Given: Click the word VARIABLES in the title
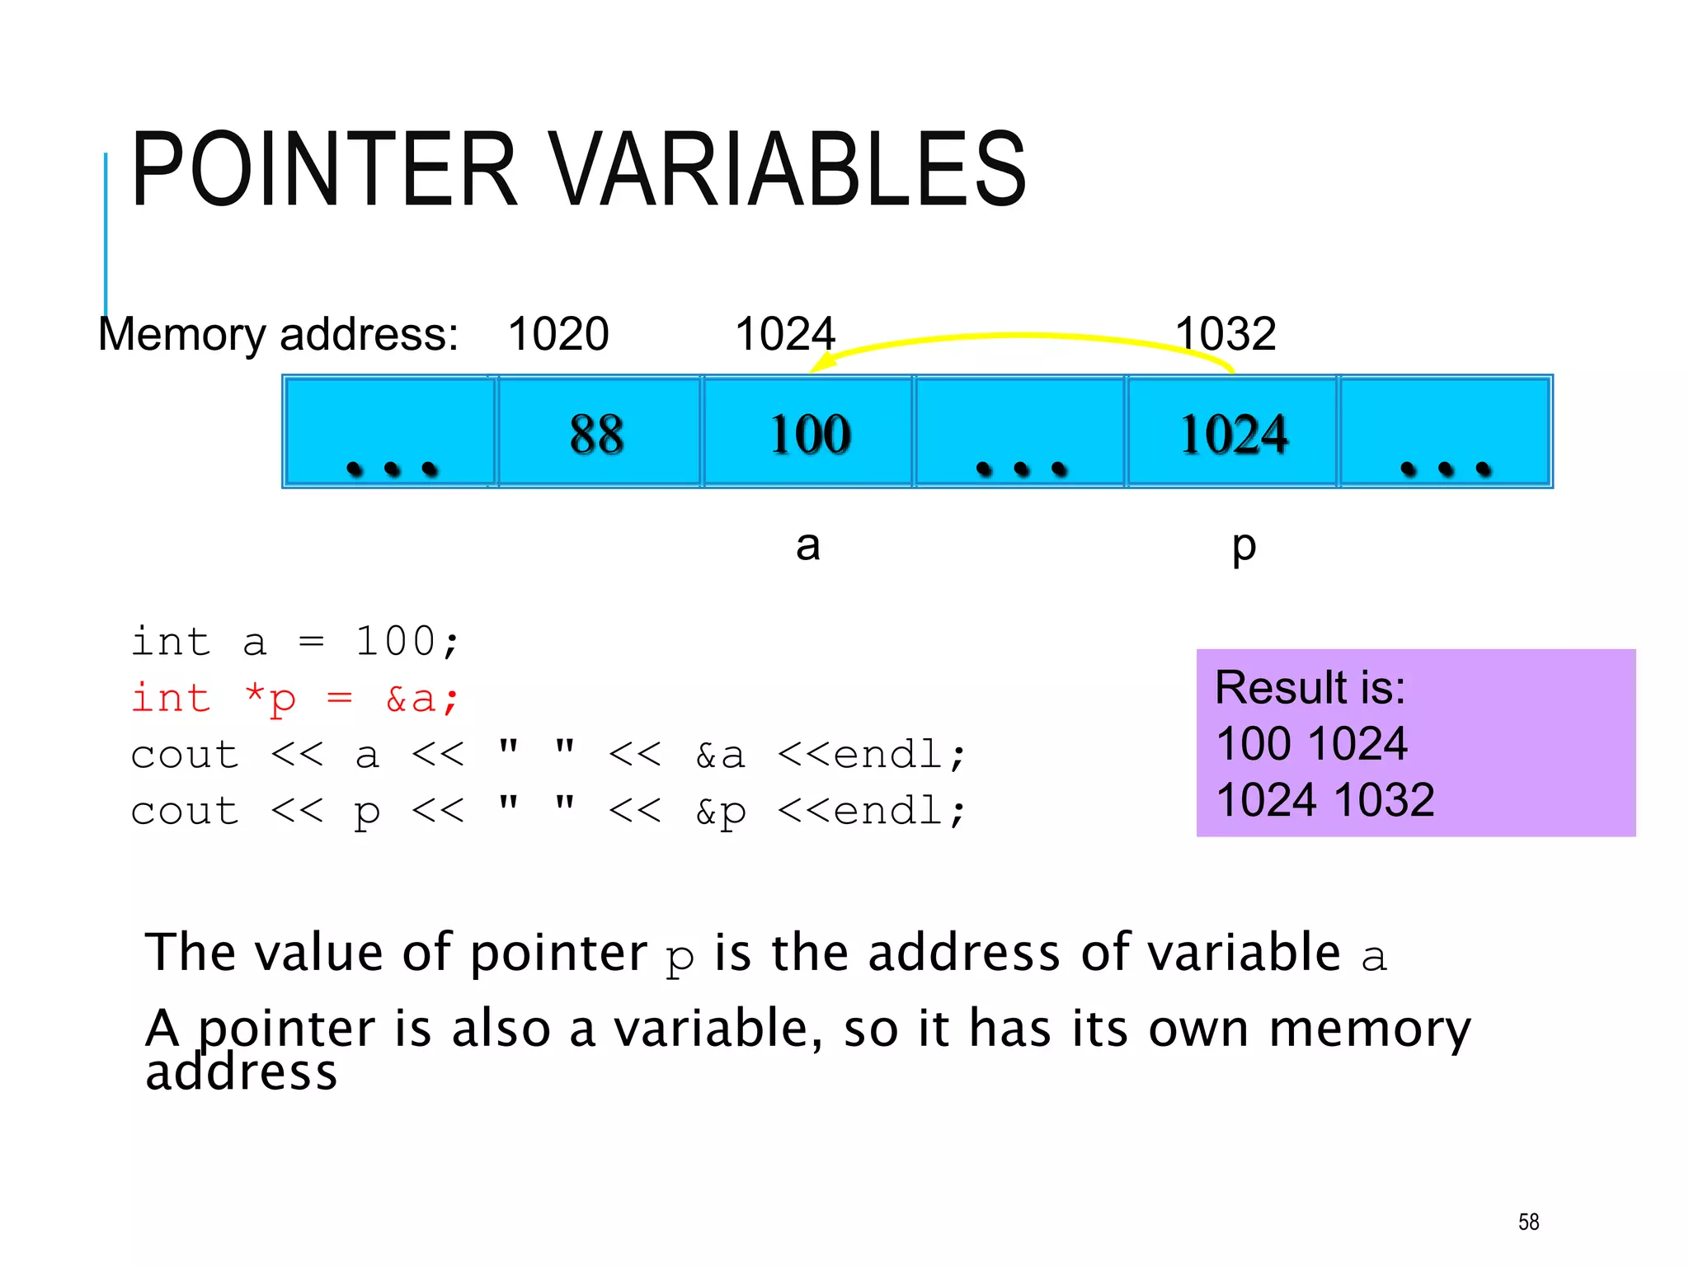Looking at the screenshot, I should click(x=788, y=169).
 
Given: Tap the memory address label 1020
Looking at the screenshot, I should click(x=558, y=334).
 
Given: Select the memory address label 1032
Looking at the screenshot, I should click(x=1226, y=334).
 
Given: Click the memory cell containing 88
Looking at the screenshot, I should click(x=598, y=432).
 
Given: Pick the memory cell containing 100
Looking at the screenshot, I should click(x=809, y=432).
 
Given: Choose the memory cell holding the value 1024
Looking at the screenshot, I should click(x=1232, y=432).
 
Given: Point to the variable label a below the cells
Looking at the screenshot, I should click(x=807, y=545).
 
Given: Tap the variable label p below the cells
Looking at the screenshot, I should click(x=1243, y=547).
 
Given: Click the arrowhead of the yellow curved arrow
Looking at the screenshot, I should click(x=821, y=364).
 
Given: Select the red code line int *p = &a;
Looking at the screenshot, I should click(x=294, y=699).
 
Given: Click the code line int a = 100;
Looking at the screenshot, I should click(x=294, y=642).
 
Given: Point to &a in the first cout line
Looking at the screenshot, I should click(x=720, y=755).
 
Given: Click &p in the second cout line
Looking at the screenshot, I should click(x=720, y=812).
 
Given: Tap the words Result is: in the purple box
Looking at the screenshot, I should click(x=1310, y=687).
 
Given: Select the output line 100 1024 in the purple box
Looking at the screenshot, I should click(x=1311, y=743).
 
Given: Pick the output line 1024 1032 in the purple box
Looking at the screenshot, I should click(x=1325, y=799).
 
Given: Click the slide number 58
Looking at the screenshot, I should click(x=1528, y=1222).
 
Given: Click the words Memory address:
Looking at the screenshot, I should click(x=278, y=334).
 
